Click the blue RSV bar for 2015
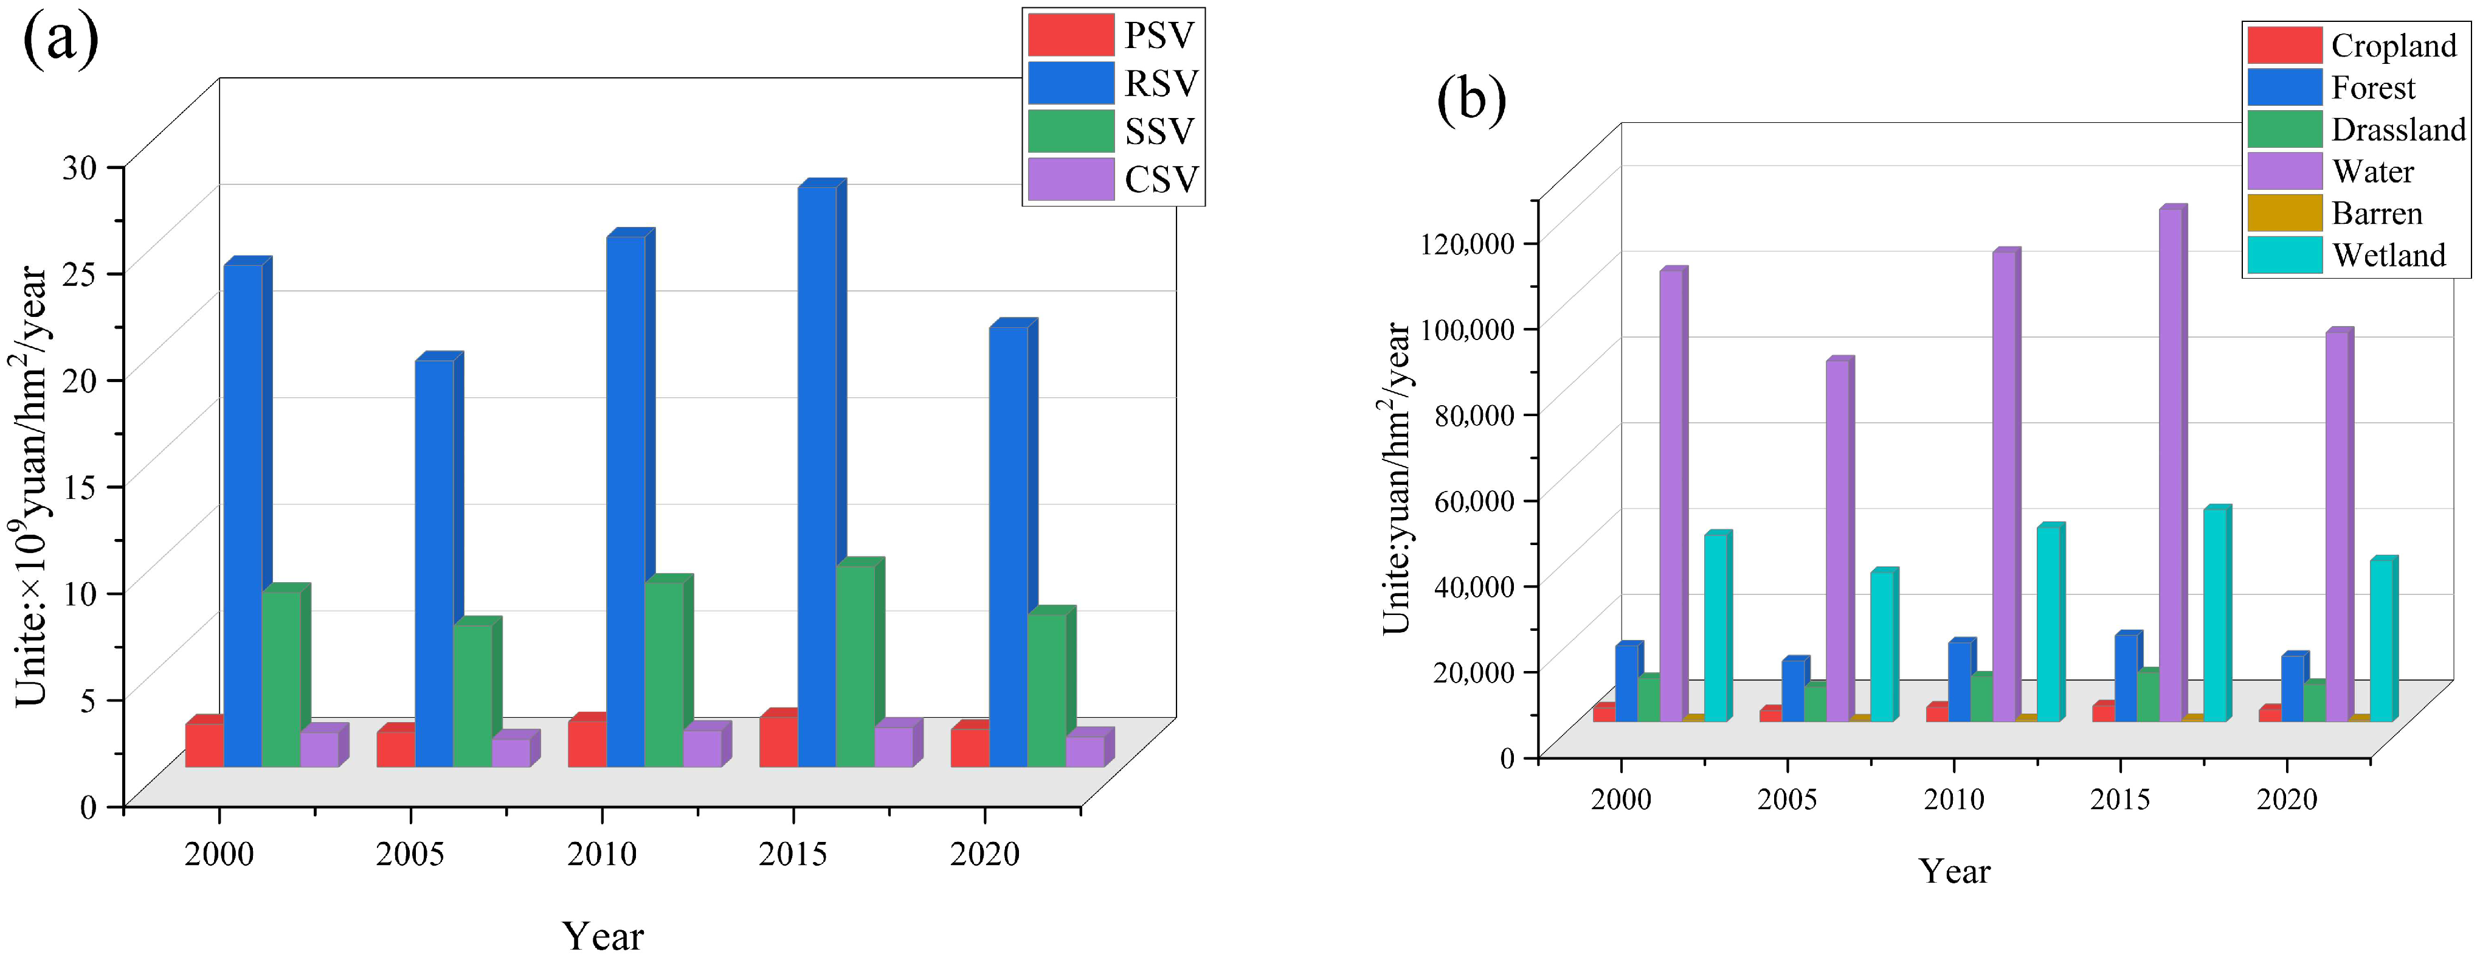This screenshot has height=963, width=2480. (x=817, y=477)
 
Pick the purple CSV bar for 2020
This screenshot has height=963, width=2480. (x=1085, y=751)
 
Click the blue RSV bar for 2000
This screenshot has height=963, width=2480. (x=243, y=515)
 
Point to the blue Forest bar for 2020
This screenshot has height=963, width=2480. (x=2292, y=689)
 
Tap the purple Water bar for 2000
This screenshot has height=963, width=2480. (x=1671, y=496)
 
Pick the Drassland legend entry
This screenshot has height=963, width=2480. (x=2355, y=129)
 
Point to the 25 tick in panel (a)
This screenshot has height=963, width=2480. (x=81, y=273)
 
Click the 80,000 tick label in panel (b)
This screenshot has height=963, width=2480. (x=1473, y=415)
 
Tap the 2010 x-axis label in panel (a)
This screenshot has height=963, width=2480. (x=602, y=853)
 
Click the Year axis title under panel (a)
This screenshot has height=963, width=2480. (x=603, y=935)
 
